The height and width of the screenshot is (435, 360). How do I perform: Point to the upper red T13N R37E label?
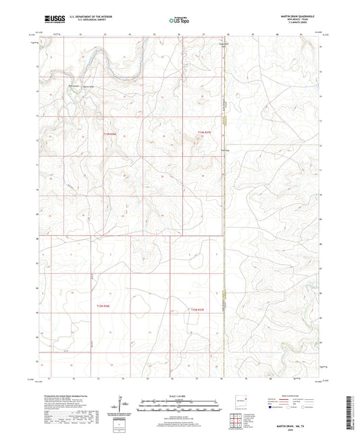204,132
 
